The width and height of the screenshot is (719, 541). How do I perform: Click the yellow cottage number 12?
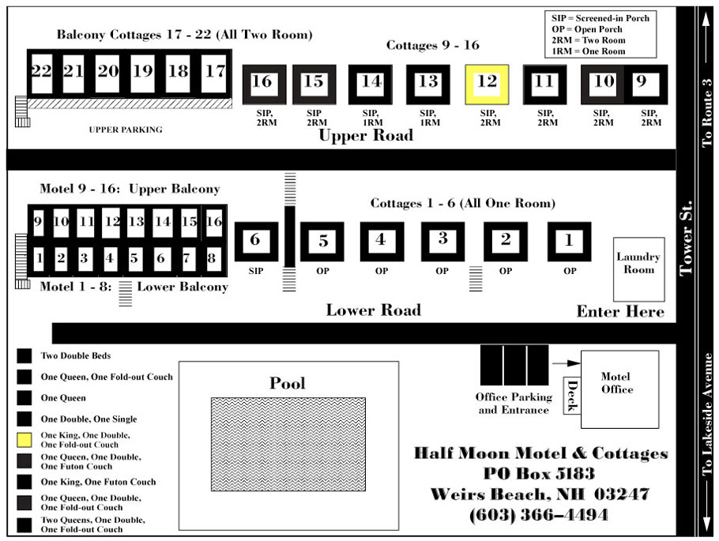click(487, 85)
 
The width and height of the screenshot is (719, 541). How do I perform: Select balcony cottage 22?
click(41, 73)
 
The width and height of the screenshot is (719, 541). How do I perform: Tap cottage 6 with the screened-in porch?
click(256, 242)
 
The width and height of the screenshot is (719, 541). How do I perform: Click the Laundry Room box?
click(638, 269)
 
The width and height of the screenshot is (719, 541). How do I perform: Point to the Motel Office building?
click(619, 389)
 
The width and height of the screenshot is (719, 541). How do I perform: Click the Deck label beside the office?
click(572, 395)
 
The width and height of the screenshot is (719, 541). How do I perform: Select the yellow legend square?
click(24, 440)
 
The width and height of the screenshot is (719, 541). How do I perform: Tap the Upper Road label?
click(366, 135)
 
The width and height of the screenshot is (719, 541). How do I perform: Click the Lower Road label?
click(373, 310)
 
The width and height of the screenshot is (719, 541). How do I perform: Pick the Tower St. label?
click(686, 238)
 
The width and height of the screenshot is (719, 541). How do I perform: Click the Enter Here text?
click(620, 312)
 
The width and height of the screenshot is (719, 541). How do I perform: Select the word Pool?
click(287, 383)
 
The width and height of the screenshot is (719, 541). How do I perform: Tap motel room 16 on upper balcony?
click(213, 223)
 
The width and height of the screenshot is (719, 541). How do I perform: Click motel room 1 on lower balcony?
click(39, 259)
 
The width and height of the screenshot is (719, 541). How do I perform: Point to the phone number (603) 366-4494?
click(539, 515)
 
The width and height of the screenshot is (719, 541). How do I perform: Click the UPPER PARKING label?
click(126, 130)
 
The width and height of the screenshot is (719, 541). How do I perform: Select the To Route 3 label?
click(706, 113)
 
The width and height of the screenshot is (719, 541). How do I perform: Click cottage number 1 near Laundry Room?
click(569, 241)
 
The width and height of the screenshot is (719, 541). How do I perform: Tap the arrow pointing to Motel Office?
click(566, 363)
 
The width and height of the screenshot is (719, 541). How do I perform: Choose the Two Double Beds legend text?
click(76, 355)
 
